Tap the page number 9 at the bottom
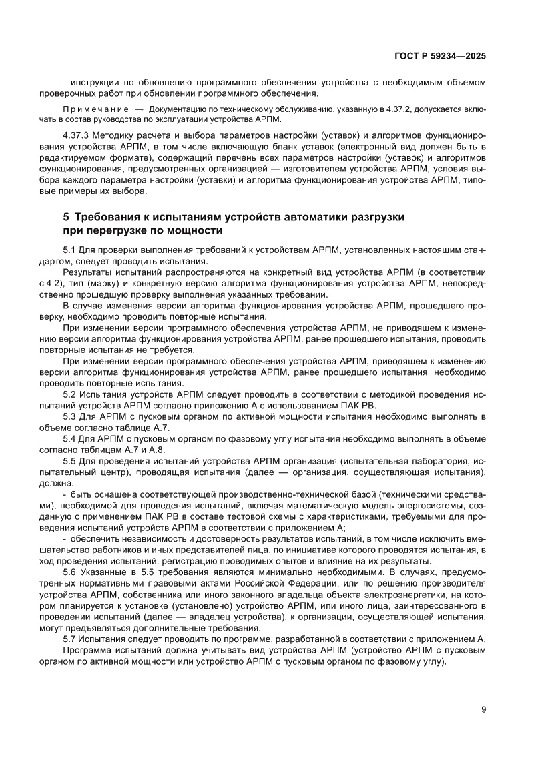483,709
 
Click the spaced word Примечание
95,109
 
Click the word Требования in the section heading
111,218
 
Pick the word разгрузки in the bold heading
377,218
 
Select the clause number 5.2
69,395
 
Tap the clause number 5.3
69,416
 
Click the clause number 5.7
69,638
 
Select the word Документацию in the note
176,109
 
